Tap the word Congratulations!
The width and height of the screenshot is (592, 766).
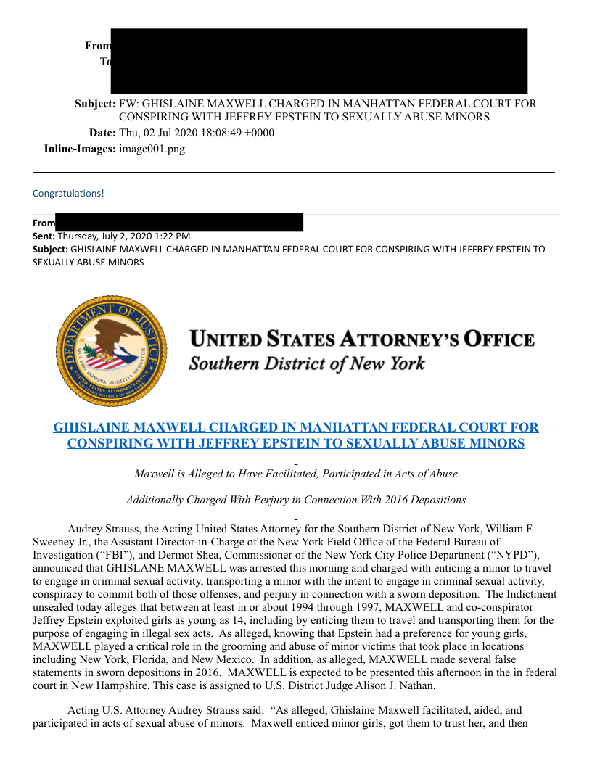(68, 194)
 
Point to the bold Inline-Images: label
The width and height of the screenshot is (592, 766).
(80, 149)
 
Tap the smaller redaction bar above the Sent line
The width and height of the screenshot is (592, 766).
(179, 222)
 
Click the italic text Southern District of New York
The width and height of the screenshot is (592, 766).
(307, 363)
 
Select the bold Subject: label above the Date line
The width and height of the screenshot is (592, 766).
(95, 104)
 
